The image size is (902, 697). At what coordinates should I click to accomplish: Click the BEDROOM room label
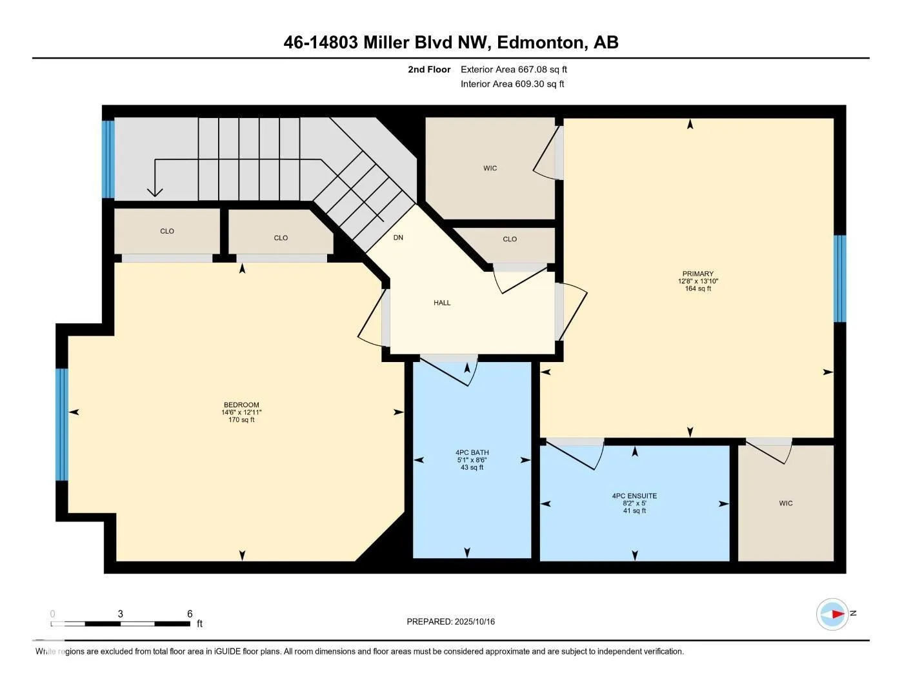(x=241, y=405)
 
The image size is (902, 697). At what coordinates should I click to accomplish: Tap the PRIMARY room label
(x=697, y=274)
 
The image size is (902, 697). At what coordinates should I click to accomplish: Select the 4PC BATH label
(x=472, y=452)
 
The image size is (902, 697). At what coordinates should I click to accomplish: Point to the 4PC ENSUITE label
(x=634, y=496)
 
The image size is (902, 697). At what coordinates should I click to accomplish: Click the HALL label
(x=442, y=303)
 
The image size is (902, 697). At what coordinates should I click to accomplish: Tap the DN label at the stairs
(x=398, y=237)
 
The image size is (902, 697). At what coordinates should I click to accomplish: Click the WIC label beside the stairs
(x=490, y=168)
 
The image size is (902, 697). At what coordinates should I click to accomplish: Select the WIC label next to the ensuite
(x=786, y=503)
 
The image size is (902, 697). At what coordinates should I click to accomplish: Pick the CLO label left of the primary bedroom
(x=510, y=239)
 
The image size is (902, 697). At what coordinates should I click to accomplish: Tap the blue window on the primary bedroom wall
(x=839, y=279)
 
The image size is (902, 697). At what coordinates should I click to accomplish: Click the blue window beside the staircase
(x=108, y=159)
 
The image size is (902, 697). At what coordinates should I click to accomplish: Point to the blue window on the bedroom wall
(x=62, y=424)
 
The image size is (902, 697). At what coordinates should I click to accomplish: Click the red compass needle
(x=838, y=614)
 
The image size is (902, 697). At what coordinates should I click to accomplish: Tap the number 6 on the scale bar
(x=190, y=614)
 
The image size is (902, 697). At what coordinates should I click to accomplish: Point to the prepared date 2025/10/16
(x=474, y=621)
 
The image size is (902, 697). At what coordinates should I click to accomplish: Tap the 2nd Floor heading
(x=429, y=69)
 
